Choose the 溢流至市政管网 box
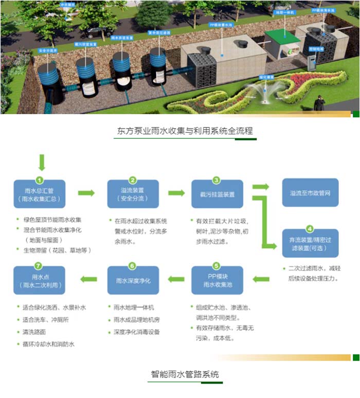point(310,192)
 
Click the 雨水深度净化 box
point(133,281)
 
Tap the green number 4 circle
point(310,228)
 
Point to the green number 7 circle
point(38,266)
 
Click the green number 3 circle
point(217,180)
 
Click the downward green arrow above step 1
point(42,162)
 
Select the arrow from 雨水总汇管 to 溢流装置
point(86,193)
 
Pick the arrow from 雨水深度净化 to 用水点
point(86,280)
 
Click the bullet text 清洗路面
point(37,332)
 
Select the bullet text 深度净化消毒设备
point(137,332)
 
